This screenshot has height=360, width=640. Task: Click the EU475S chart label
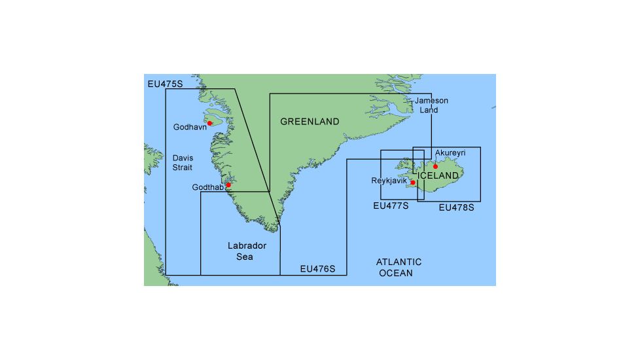pos(165,84)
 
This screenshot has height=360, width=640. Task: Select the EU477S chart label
pos(390,206)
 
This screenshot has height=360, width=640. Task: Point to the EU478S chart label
pos(455,207)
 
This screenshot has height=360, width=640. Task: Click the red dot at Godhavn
pos(209,123)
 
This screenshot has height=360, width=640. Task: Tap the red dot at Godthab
pos(228,185)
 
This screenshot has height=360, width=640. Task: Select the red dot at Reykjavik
pos(413,183)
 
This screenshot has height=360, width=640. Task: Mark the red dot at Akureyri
pos(435,166)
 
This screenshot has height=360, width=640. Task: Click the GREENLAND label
pos(310,122)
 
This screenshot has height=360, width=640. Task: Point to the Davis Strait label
pos(183,162)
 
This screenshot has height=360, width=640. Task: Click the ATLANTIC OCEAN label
pos(399,267)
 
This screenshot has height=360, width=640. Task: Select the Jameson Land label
pos(431,105)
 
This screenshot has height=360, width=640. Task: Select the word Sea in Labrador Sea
pos(245,257)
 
